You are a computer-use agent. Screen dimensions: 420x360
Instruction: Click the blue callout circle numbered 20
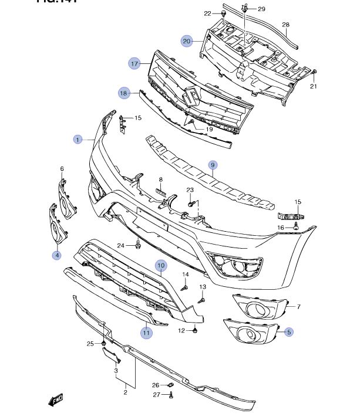click(x=187, y=41)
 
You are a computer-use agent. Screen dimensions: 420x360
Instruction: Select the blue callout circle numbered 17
click(x=134, y=63)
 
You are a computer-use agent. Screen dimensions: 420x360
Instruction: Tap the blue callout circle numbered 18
click(x=124, y=93)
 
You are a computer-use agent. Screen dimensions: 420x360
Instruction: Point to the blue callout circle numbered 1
click(x=77, y=140)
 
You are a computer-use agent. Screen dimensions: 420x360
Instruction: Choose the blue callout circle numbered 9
click(x=213, y=165)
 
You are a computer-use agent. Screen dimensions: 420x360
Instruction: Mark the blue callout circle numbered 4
click(x=57, y=255)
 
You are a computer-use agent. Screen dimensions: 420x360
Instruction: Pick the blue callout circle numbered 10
click(x=160, y=265)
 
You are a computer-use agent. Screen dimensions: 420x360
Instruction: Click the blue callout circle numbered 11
click(x=146, y=333)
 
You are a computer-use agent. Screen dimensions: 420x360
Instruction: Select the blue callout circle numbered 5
click(x=289, y=332)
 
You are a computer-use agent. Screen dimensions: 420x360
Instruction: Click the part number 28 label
click(x=286, y=25)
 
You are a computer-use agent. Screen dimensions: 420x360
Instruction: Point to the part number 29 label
click(x=261, y=9)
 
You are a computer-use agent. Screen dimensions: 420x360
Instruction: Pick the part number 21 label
click(x=313, y=87)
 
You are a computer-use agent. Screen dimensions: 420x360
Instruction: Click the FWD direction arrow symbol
click(x=55, y=401)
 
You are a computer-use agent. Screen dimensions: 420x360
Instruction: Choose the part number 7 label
click(x=298, y=307)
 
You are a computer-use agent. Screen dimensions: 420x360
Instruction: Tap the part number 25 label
click(x=90, y=343)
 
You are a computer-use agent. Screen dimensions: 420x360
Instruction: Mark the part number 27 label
click(x=156, y=395)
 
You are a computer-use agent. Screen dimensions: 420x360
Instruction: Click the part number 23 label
click(x=190, y=190)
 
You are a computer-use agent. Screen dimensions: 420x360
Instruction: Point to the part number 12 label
click(x=181, y=331)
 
